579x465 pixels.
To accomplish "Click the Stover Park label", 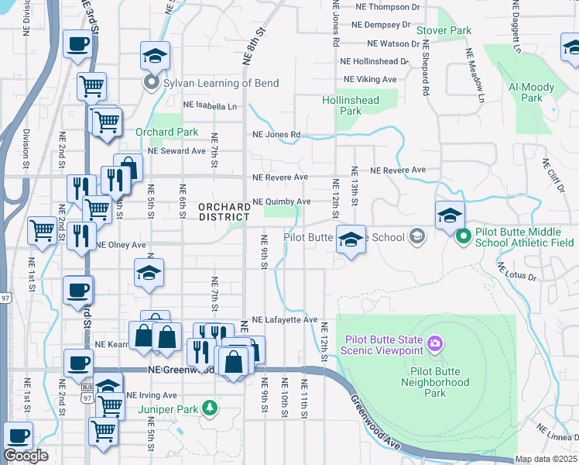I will point(444,30).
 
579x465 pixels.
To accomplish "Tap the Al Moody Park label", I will point(531,92).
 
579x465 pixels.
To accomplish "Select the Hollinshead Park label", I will point(351,105).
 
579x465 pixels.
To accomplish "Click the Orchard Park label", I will point(167,133).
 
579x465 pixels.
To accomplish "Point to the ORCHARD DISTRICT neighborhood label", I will point(224,212).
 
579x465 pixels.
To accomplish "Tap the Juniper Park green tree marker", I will point(208,407).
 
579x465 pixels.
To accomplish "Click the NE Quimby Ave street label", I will point(282,201).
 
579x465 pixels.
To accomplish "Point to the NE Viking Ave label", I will point(370,79).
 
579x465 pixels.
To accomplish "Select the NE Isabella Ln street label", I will point(210,105).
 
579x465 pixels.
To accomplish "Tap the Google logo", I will point(26,456).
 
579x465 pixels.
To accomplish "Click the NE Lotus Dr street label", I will point(519,271).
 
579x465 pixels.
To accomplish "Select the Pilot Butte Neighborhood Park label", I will point(435,387).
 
